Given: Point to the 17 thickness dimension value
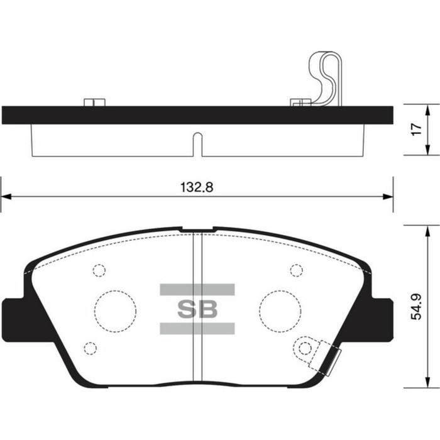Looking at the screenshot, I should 415,129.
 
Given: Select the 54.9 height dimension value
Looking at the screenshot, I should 415,308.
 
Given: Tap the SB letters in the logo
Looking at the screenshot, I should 197,309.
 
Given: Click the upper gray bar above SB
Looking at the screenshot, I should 197,289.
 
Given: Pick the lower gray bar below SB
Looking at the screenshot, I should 197,328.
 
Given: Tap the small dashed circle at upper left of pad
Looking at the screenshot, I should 99,270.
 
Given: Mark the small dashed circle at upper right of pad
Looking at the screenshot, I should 296,270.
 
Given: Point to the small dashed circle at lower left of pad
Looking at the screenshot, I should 90,348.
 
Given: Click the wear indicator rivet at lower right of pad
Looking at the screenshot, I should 306,348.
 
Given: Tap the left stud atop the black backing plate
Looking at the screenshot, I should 94,102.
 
